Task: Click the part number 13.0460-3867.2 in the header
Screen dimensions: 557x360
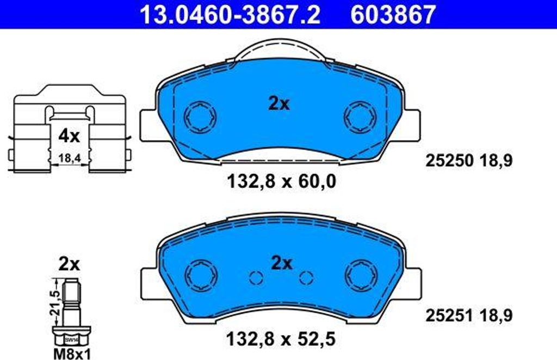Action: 230,14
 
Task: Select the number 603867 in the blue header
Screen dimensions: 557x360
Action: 393,14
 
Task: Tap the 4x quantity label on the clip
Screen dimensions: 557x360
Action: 69,136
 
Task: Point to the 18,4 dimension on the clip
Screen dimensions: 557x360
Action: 69,158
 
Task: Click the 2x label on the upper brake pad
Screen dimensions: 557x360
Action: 279,104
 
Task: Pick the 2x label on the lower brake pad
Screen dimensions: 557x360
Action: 282,263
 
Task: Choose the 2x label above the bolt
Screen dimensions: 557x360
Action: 69,264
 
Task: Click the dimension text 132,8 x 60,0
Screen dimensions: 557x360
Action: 281,182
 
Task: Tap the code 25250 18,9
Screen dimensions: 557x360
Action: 469,161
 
